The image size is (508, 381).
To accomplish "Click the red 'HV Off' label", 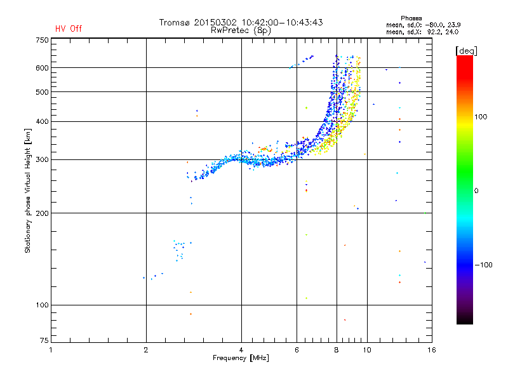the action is [x=69, y=29].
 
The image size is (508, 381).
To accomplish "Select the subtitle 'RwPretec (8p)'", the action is [x=241, y=30].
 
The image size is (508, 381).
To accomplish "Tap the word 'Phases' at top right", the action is [x=411, y=18].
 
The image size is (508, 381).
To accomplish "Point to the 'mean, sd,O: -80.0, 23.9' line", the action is [x=423, y=25].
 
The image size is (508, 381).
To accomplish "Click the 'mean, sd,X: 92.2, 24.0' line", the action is [x=422, y=32].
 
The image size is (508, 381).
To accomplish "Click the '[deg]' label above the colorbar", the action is [x=466, y=51].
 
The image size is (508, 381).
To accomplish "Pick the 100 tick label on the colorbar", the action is [x=481, y=117].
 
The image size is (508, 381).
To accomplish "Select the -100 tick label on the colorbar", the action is [x=483, y=265].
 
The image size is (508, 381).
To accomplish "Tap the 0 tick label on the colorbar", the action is [x=476, y=190].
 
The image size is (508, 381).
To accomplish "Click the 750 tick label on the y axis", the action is [x=42, y=40].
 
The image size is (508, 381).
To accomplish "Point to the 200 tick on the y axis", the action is [x=42, y=213].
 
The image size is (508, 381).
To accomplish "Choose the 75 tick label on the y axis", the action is [x=44, y=340].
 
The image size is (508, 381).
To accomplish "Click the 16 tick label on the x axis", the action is [x=432, y=350].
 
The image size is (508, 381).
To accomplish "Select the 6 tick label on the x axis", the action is [x=297, y=350].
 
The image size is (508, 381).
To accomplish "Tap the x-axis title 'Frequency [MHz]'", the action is [x=241, y=358].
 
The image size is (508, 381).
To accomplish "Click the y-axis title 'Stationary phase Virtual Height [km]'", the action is [x=28, y=190].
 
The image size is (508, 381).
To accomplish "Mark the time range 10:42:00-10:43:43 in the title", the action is [x=282, y=22].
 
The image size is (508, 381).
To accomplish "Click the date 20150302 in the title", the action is [x=215, y=22].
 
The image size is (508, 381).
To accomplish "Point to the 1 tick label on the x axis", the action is [x=51, y=350].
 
